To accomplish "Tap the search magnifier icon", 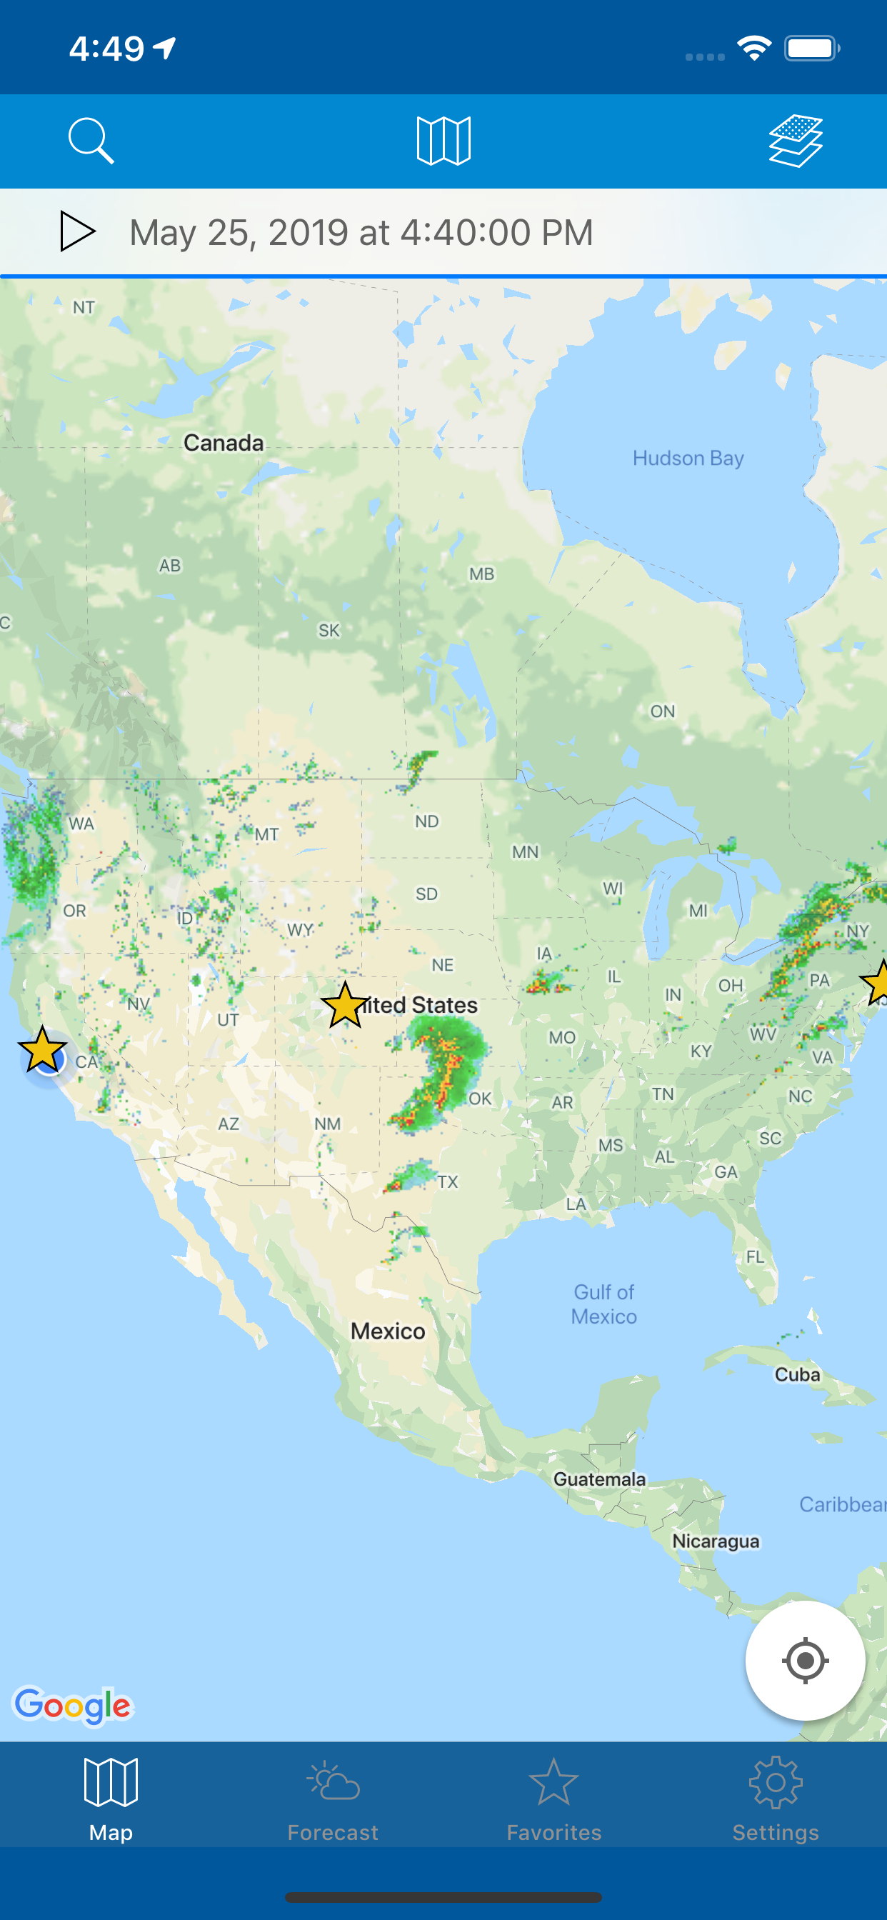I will (91, 141).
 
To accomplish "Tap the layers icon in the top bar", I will (796, 141).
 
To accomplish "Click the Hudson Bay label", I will (687, 458).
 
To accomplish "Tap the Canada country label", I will (224, 443).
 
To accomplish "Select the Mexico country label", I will (388, 1331).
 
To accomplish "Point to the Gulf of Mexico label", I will (603, 1304).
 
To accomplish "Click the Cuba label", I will (797, 1374).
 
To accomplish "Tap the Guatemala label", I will (599, 1479).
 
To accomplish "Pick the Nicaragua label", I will (716, 1541).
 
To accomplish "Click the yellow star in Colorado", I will (345, 1006).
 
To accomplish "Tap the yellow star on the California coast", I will (42, 1049).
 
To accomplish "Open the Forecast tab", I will (332, 1799).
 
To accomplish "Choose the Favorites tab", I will (553, 1799).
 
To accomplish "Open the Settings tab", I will (775, 1799).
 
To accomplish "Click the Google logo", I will (73, 1705).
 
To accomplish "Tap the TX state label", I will (448, 1182).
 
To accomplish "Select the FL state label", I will (755, 1256).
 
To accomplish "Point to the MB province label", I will (481, 574).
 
